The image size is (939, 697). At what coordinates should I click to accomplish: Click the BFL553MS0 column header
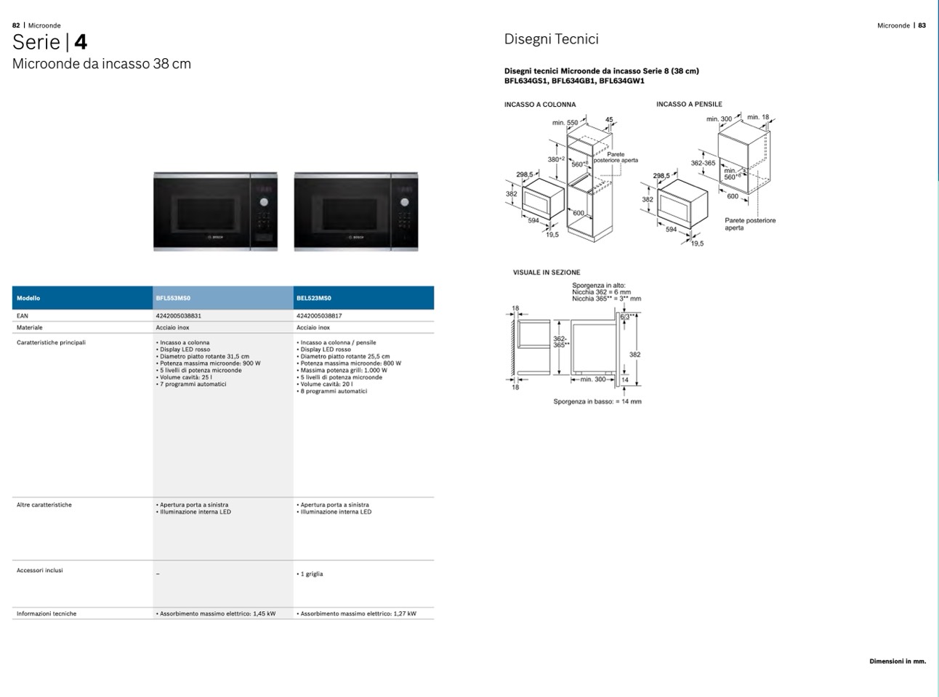click(173, 298)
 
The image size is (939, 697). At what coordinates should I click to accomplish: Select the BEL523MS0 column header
click(314, 298)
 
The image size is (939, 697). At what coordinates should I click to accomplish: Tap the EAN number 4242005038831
click(178, 316)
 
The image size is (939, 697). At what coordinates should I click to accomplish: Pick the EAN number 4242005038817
click(319, 316)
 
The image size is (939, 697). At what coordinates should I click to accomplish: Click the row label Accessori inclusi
click(40, 571)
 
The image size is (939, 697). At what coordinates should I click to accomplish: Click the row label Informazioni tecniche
click(47, 614)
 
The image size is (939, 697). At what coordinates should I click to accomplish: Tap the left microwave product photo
click(215, 211)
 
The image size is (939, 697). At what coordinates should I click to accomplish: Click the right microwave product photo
click(356, 211)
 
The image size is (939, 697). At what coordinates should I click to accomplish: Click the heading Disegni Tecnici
click(552, 39)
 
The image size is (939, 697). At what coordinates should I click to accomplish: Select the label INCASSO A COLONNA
click(540, 105)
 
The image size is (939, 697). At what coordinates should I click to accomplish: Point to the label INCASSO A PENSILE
click(689, 104)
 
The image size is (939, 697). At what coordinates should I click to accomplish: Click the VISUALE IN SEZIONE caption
click(547, 273)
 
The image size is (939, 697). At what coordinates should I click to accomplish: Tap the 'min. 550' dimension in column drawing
click(565, 123)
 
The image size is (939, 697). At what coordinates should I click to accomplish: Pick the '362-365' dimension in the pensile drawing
click(703, 164)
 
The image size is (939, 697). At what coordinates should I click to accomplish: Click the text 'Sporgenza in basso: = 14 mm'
click(597, 401)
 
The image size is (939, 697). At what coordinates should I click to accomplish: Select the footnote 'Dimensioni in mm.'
click(898, 661)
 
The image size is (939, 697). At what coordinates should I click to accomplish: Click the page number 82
click(16, 25)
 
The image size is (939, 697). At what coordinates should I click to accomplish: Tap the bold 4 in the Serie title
click(80, 42)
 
